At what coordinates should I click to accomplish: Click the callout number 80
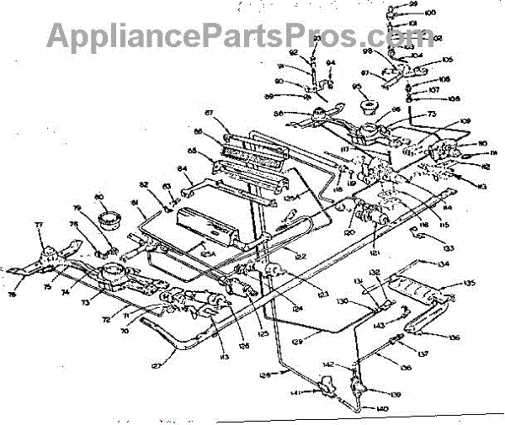coord(100,198)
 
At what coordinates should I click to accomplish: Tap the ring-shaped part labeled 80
coord(108,221)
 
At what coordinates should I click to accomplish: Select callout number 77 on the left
coord(38,225)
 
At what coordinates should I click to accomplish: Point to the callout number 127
coord(155,366)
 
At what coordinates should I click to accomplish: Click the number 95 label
coord(357,87)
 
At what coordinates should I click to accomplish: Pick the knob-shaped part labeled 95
coord(368,107)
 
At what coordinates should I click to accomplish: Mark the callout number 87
coord(210,112)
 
